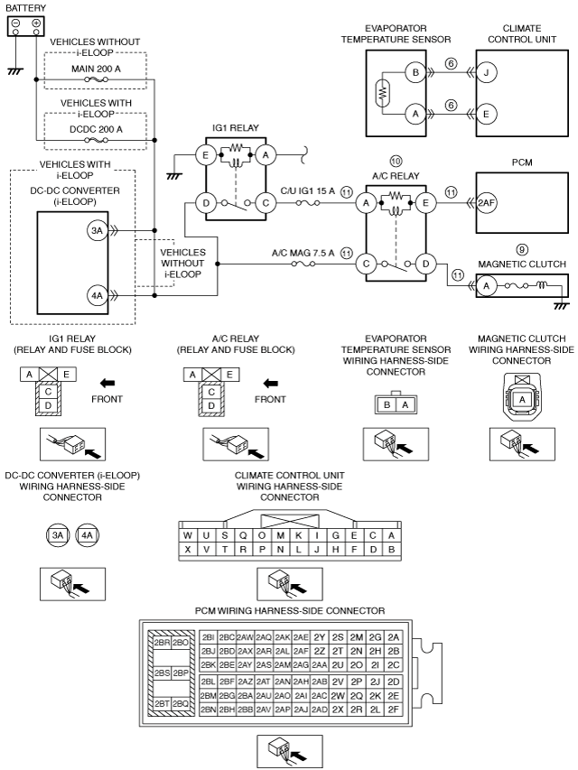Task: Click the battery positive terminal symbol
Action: pyautogui.click(x=36, y=23)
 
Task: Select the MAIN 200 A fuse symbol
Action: pyautogui.click(x=97, y=79)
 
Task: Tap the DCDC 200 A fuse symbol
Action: pyautogui.click(x=97, y=140)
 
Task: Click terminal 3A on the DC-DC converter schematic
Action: pyautogui.click(x=98, y=230)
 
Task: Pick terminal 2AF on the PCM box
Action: pyautogui.click(x=487, y=203)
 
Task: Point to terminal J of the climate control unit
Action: pyautogui.click(x=487, y=73)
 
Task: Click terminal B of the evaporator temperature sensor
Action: pyautogui.click(x=415, y=73)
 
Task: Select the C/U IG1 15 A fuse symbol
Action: pyautogui.click(x=308, y=202)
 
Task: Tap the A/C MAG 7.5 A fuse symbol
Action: pyautogui.click(x=303, y=264)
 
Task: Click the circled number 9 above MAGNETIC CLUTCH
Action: pyautogui.click(x=522, y=249)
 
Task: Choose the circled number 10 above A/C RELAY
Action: pyautogui.click(x=396, y=161)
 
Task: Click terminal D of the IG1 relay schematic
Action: pyautogui.click(x=205, y=203)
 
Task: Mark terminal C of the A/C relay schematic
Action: pyautogui.click(x=366, y=264)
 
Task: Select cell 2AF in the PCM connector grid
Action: pyautogui.click(x=301, y=651)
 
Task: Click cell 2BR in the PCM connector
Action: pyautogui.click(x=162, y=643)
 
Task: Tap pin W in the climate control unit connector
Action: pyautogui.click(x=188, y=535)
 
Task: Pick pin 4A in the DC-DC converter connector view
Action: pyautogui.click(x=87, y=534)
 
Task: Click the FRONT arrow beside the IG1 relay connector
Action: pyautogui.click(x=107, y=383)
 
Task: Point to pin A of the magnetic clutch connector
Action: pyautogui.click(x=522, y=399)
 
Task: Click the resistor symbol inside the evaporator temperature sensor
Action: pyautogui.click(x=383, y=93)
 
